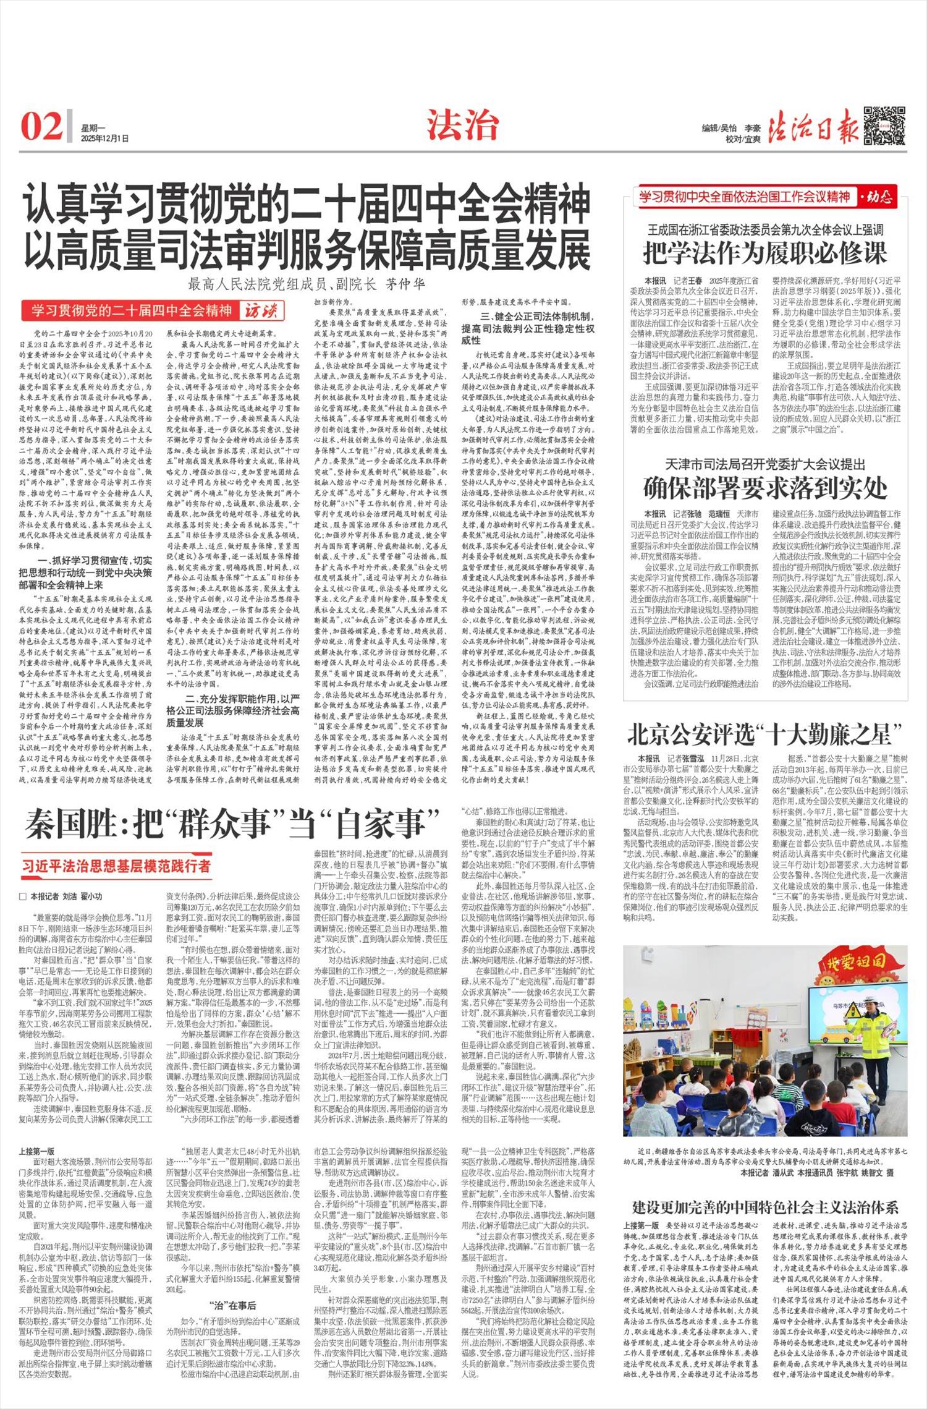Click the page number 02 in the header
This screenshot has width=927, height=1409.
click(x=41, y=126)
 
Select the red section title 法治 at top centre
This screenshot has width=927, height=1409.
click(x=462, y=126)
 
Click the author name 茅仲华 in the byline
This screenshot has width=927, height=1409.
click(x=406, y=284)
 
